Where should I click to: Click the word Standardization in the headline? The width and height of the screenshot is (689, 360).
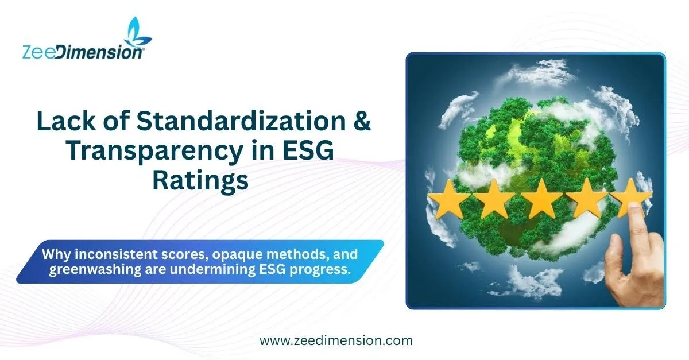point(241,121)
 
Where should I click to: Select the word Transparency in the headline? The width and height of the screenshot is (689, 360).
point(154,152)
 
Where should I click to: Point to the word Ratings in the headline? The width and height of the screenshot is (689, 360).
point(200,181)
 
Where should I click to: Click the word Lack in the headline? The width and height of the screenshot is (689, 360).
point(66,121)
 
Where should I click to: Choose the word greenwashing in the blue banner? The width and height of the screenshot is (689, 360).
point(95,270)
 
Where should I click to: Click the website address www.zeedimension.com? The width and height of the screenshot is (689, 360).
point(336,341)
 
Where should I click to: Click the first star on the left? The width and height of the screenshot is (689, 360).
point(449,199)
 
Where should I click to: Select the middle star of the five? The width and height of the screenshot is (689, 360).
point(541,199)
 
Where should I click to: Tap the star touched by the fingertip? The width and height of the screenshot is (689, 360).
point(630,197)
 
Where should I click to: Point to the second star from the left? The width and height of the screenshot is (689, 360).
point(494,199)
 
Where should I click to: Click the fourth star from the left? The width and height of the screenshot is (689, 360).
point(587,198)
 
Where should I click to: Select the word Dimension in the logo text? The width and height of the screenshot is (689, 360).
point(100,52)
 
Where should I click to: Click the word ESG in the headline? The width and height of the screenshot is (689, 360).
point(308,151)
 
